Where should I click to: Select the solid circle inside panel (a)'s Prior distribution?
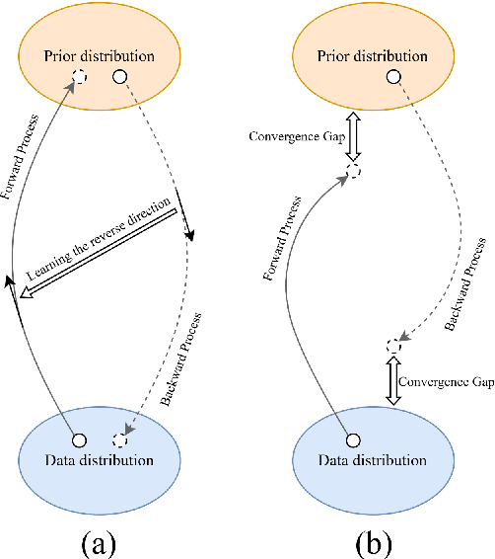(119, 76)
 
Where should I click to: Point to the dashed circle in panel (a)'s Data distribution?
(120, 439)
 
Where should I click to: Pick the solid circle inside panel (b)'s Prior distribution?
(393, 76)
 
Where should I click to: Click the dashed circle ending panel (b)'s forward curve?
(353, 174)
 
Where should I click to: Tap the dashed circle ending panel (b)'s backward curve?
(393, 346)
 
